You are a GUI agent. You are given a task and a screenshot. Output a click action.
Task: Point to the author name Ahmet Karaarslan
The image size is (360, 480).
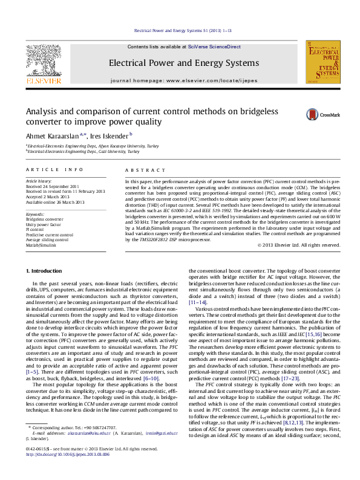(x=52, y=136)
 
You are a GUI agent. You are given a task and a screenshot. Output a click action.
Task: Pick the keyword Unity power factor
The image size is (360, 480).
(x=44, y=223)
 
